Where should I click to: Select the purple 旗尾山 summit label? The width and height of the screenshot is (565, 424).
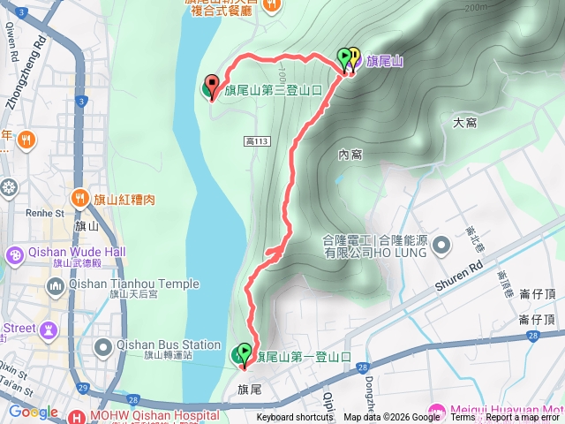[x=385, y=62]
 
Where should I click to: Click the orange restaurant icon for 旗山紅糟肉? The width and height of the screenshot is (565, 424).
[x=80, y=198]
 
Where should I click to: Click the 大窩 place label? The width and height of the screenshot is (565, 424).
[x=464, y=123]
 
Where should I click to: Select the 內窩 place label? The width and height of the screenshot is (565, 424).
[x=350, y=155]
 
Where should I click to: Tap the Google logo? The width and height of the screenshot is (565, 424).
[x=34, y=413]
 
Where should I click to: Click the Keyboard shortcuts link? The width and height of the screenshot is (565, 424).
[x=295, y=418]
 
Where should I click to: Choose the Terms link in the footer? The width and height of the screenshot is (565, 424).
[x=463, y=418]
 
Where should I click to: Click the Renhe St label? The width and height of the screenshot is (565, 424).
[x=46, y=213]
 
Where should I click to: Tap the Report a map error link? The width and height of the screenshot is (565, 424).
[x=524, y=418]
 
